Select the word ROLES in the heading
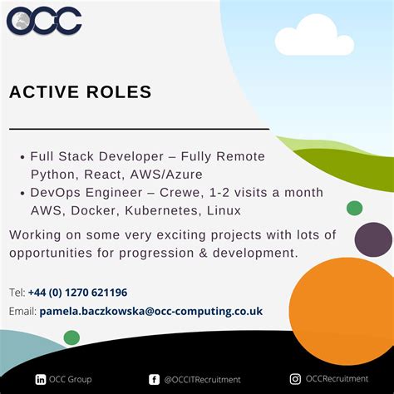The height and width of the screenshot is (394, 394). [x=121, y=91]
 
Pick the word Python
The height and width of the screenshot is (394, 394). [x=53, y=175]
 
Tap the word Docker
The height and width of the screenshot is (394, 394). [x=93, y=211]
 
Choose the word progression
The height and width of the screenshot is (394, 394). [x=156, y=253]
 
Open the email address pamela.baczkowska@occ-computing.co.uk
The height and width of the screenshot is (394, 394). [x=150, y=311]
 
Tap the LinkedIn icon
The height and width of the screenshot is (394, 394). [x=41, y=379]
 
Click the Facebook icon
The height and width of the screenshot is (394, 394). [x=154, y=379]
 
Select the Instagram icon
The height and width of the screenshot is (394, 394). [x=295, y=379]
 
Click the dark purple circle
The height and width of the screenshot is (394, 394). [x=373, y=239]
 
